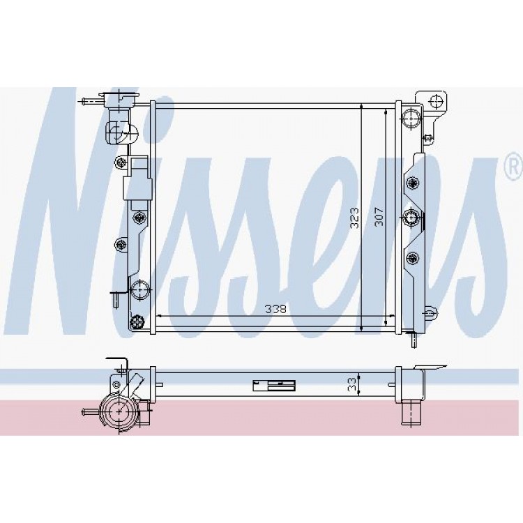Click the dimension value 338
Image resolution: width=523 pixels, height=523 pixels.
tap(275, 309)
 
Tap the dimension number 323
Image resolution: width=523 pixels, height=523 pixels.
tap(354, 218)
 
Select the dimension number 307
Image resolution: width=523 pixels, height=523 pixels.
tap(379, 217)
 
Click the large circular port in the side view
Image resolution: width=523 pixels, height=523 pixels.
tap(119, 412)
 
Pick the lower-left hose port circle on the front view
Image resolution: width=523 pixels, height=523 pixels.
tap(139, 290)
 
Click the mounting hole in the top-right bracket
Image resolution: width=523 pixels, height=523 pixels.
tap(437, 102)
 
